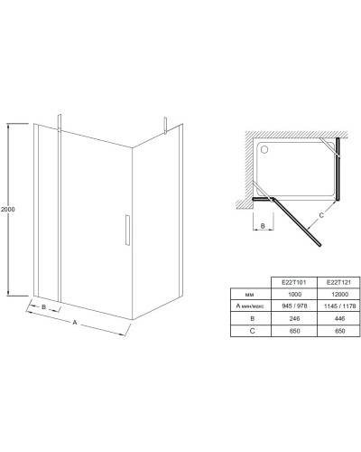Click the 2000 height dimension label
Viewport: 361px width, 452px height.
pos(7,209)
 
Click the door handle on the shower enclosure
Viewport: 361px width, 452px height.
pos(127,230)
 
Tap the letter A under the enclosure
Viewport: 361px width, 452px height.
pos(75,323)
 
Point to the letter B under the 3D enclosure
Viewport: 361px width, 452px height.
pos(43,307)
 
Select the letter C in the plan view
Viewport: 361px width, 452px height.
pos(321,215)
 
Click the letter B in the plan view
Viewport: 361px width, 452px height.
pos(263,226)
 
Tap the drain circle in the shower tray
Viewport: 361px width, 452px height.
pos(264,149)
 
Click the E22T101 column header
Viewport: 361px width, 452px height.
pos(294,282)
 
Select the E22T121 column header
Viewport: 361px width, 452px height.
pos(338,282)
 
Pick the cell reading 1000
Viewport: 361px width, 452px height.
pos(294,294)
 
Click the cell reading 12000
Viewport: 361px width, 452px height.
pos(339,294)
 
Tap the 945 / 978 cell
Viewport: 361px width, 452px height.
pos(294,306)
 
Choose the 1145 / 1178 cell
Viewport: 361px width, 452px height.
pos(339,306)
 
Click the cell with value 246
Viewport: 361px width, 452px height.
pos(294,318)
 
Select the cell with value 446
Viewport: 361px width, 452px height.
pos(339,318)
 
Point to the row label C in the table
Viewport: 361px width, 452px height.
pos(252,331)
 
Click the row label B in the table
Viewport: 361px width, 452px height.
pos(252,318)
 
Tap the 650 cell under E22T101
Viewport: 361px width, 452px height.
pos(294,331)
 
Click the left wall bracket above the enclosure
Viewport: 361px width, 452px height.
pos(60,122)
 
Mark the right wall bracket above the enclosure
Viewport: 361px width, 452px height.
pos(165,125)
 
